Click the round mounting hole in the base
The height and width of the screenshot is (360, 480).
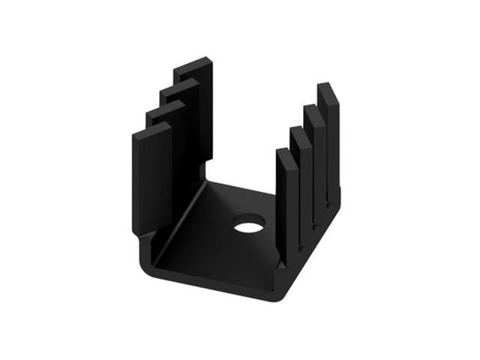(x=248, y=223)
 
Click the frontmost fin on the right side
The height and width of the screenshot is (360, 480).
(x=286, y=202)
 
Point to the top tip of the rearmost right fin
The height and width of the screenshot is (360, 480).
(x=325, y=85)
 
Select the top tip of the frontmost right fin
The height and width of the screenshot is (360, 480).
(x=284, y=151)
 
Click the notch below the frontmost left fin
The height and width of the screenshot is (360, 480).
(x=143, y=239)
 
